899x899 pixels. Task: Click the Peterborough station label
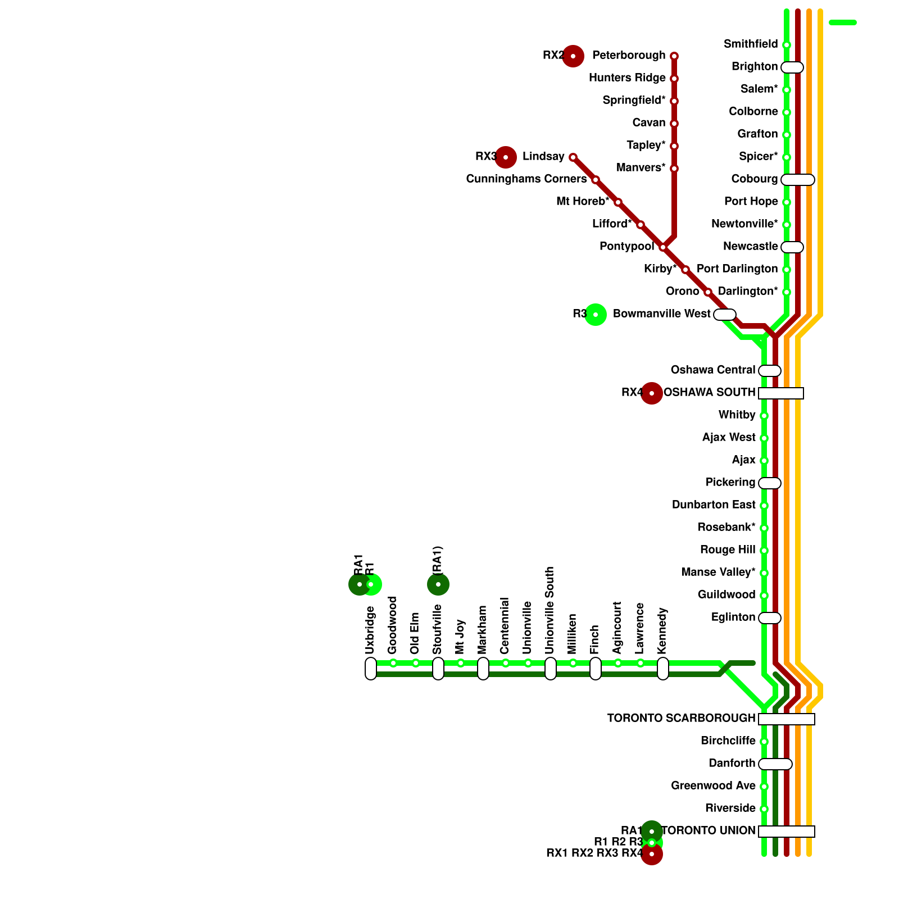(x=629, y=56)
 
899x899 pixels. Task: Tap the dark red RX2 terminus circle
(x=573, y=56)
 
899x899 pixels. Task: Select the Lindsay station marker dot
(x=573, y=157)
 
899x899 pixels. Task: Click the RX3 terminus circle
(x=506, y=157)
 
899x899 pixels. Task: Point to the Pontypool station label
(x=626, y=247)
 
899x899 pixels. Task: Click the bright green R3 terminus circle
(x=596, y=315)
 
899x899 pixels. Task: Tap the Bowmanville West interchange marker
(x=725, y=315)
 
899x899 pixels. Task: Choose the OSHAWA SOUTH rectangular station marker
(x=781, y=393)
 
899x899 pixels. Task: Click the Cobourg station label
(x=754, y=179)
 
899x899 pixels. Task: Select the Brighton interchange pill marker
(x=792, y=67)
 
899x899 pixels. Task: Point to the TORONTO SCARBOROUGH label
(x=681, y=719)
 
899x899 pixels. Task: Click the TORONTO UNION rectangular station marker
(x=787, y=832)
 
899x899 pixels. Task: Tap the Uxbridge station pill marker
(x=371, y=669)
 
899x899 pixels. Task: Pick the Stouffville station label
(x=438, y=629)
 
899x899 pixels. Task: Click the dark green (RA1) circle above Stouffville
(x=438, y=584)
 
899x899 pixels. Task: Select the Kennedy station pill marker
(x=663, y=669)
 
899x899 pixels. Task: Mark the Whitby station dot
(x=764, y=416)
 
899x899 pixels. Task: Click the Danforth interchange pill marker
(x=775, y=764)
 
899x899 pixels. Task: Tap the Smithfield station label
(x=751, y=44)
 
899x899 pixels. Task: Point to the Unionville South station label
(x=550, y=611)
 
